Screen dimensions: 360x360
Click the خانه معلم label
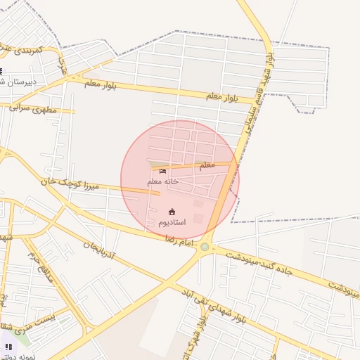(x=162, y=181)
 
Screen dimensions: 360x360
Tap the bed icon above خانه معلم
(x=163, y=171)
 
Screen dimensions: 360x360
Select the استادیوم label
(x=172, y=222)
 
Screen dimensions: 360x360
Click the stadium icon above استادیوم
(x=172, y=212)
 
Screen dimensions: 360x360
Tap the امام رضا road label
(x=179, y=241)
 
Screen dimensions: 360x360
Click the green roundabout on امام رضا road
(x=205, y=247)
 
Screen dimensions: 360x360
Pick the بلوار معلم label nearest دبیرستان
(x=100, y=85)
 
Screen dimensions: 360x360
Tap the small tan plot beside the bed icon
(x=153, y=165)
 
